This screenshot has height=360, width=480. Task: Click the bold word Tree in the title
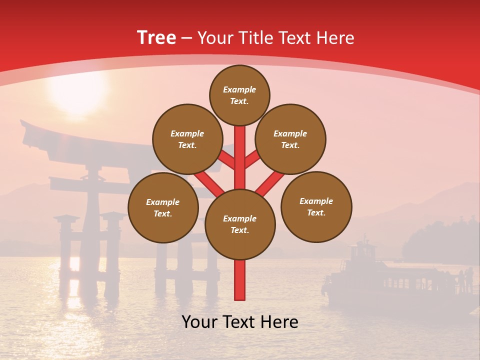click(x=156, y=38)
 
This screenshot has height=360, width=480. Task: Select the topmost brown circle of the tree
click(x=239, y=95)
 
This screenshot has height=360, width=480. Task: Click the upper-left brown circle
click(x=187, y=139)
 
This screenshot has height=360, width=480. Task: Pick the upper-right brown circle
click(x=290, y=139)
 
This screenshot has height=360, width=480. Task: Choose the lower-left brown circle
click(x=163, y=208)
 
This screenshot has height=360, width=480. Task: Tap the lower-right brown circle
click(x=316, y=207)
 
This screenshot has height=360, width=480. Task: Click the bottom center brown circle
click(x=240, y=224)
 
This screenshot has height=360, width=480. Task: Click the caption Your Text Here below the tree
click(x=240, y=322)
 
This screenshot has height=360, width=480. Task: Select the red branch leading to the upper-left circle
click(x=226, y=160)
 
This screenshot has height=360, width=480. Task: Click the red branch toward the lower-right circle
click(x=270, y=183)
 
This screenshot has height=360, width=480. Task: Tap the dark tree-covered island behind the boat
click(x=440, y=240)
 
